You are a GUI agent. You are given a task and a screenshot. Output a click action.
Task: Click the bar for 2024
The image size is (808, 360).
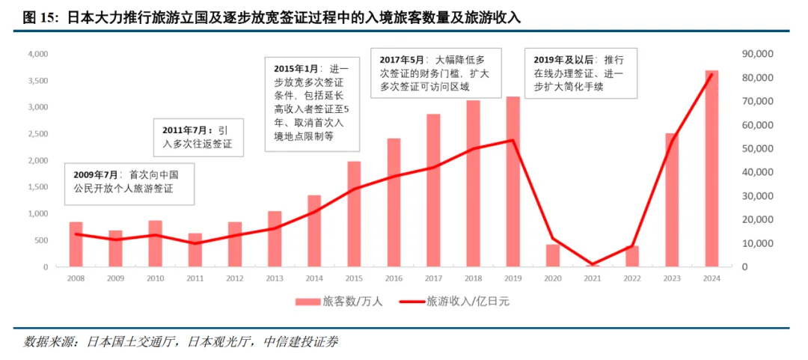(711, 169)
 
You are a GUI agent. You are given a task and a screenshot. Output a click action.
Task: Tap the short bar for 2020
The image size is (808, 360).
(552, 255)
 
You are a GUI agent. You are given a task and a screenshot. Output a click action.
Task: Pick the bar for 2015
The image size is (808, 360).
(354, 214)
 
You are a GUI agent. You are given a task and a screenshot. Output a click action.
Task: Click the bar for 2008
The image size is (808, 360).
(76, 245)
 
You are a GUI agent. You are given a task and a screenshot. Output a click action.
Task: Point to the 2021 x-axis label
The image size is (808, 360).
(592, 278)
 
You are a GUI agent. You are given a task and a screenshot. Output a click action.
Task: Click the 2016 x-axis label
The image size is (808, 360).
(394, 278)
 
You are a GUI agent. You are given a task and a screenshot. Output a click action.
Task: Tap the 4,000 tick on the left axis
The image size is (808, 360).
(37, 55)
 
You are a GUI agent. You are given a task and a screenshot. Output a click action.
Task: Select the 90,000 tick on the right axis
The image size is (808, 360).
(756, 55)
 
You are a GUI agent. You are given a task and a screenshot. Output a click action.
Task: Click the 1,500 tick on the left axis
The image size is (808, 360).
(37, 188)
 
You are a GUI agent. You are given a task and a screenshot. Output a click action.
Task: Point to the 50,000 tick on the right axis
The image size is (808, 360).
(756, 149)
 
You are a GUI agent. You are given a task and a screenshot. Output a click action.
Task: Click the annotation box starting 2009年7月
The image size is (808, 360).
(129, 183)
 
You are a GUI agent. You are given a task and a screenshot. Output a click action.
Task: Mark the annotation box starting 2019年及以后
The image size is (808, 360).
(581, 74)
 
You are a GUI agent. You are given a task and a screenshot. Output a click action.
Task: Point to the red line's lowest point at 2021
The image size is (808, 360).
(592, 264)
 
